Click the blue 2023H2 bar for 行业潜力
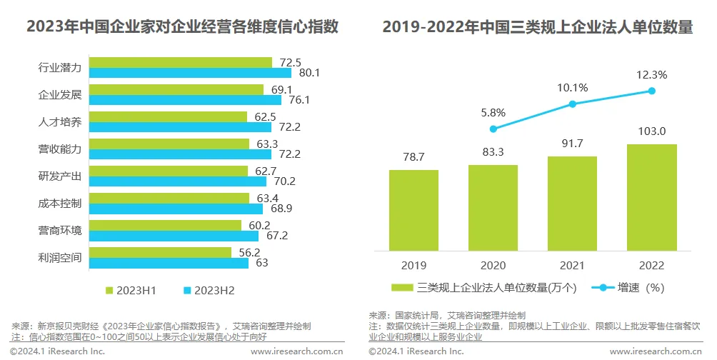191,73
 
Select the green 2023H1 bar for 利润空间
161,252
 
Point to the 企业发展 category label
60,95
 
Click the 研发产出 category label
60,176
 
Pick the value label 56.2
249,252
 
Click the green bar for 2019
413,210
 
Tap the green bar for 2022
651,197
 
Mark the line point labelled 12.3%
651,91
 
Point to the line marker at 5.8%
493,129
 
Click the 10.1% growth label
572,88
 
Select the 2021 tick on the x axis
572,266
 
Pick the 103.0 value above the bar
651,131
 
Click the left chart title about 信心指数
182,27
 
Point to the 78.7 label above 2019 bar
413,157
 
